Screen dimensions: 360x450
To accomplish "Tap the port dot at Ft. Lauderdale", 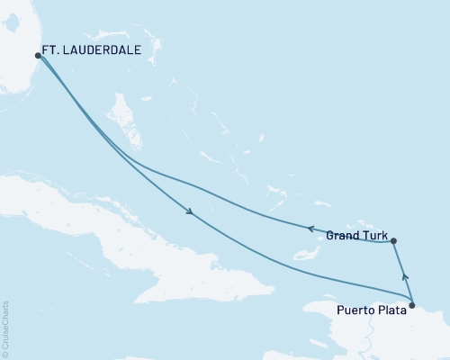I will click(38, 55).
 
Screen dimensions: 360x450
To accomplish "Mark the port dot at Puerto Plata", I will click(412, 306).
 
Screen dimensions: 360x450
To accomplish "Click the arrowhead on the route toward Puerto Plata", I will click(190, 213).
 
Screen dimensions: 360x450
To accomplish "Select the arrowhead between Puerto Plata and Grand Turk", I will click(404, 278).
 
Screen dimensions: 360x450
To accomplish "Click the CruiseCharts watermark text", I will click(5, 328).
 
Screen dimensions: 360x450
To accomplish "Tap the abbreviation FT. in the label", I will click(53, 52).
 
